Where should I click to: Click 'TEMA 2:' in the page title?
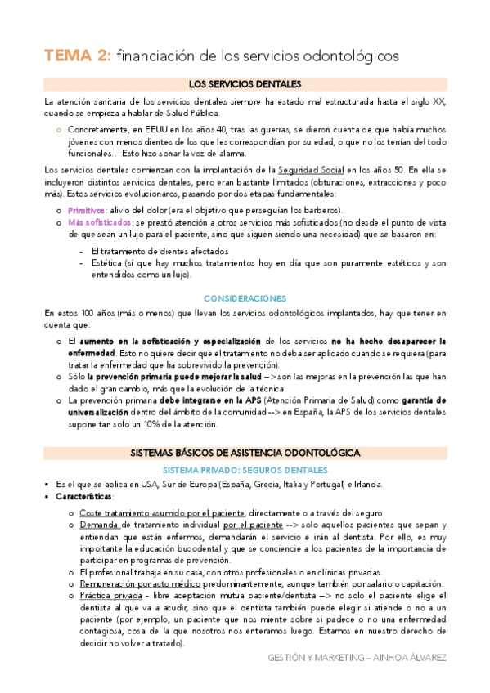[x=77, y=56]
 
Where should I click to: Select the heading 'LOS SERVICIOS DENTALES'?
[x=245, y=84]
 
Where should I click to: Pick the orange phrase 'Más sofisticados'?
[x=100, y=222]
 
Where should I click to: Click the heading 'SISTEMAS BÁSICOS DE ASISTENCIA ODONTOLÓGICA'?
[x=245, y=453]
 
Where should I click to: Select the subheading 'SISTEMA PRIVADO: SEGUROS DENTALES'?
[x=245, y=470]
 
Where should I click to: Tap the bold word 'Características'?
[x=85, y=496]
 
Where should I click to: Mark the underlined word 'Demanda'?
[x=99, y=525]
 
